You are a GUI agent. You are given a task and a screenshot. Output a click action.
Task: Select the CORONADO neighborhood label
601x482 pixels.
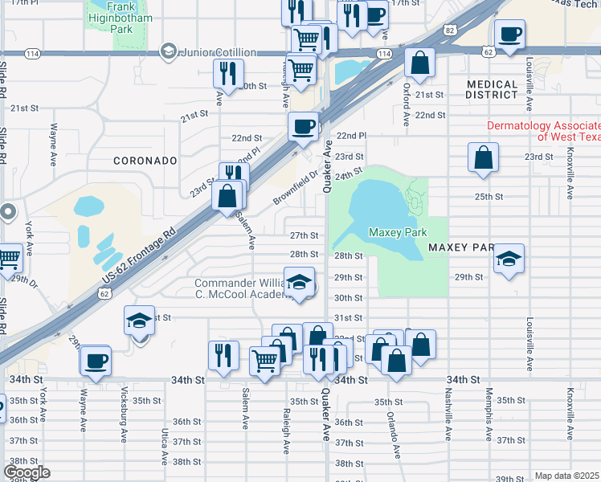click(x=145, y=161)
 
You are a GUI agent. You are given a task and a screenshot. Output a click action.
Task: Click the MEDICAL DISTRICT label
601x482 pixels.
click(x=492, y=90)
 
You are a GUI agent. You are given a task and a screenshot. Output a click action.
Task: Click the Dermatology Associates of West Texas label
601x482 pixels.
click(x=543, y=131)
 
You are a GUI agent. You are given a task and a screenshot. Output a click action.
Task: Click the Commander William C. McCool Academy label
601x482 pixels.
click(x=241, y=289)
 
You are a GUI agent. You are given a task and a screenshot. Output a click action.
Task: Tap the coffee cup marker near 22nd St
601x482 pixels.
click(x=304, y=127)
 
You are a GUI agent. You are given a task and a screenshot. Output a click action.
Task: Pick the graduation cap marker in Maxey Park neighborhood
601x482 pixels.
click(x=509, y=259)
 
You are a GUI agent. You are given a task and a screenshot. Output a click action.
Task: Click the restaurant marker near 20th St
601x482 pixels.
click(x=227, y=75)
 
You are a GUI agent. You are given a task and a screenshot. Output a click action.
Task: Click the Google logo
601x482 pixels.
click(x=27, y=472)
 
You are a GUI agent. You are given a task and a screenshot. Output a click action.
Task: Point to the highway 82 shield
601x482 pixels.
click(x=450, y=30)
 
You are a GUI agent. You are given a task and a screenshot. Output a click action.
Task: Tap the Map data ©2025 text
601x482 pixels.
click(x=566, y=476)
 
